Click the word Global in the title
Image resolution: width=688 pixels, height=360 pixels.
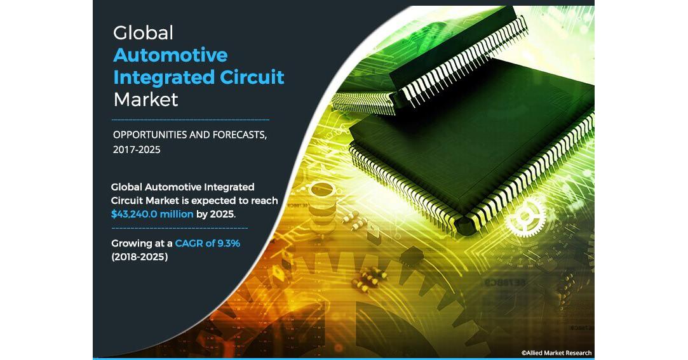143,33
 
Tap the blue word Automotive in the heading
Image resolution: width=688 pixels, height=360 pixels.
170,55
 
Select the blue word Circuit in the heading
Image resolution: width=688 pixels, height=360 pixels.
252,77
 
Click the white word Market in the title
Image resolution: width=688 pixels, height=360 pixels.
145,100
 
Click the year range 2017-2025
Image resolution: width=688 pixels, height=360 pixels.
137,150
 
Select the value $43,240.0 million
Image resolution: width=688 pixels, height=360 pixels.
152,214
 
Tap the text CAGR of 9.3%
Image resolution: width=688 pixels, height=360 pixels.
208,243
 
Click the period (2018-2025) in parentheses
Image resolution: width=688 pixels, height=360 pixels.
140,257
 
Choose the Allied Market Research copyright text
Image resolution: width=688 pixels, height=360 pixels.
556,353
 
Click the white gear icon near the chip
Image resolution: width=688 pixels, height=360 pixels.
525,216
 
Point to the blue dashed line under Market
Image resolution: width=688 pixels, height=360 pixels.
191,119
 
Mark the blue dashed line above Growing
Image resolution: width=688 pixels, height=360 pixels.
179,228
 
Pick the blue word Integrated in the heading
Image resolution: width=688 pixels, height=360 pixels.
164,78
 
